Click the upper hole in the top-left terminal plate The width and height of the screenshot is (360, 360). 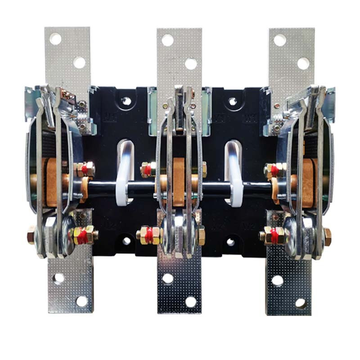coord(55,39)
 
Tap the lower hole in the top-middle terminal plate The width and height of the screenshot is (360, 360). coord(191,63)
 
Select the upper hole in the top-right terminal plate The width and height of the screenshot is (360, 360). coord(280,40)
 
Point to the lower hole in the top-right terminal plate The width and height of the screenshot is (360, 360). coord(303,63)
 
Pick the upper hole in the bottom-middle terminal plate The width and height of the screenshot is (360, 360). coord(168,279)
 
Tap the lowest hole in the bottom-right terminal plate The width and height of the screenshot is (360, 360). coord(301,303)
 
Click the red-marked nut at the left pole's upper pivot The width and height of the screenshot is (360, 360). coord(84,170)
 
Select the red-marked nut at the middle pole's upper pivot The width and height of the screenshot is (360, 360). coord(147,170)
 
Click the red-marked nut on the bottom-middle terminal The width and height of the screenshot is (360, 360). coord(148,234)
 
